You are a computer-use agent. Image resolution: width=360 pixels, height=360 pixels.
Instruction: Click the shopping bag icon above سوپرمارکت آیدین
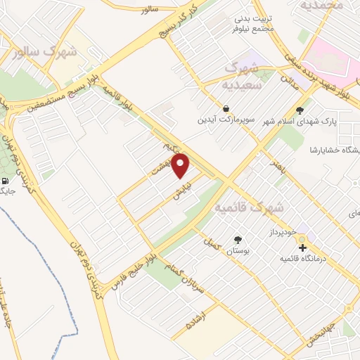pyautogui.click(x=225, y=108)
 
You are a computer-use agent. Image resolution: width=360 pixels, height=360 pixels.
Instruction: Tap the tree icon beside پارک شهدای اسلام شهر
pyautogui.click(x=300, y=110)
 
